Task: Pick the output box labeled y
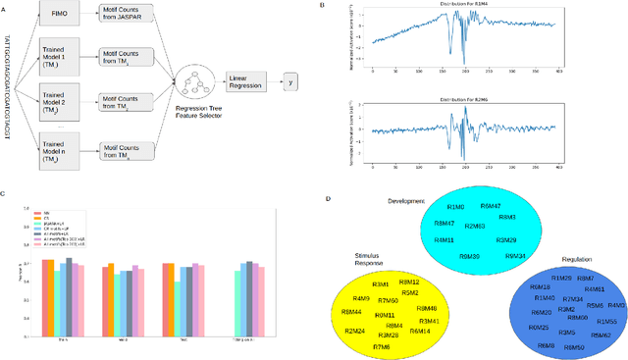[x=288, y=82]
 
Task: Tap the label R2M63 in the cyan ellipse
[x=475, y=225]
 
